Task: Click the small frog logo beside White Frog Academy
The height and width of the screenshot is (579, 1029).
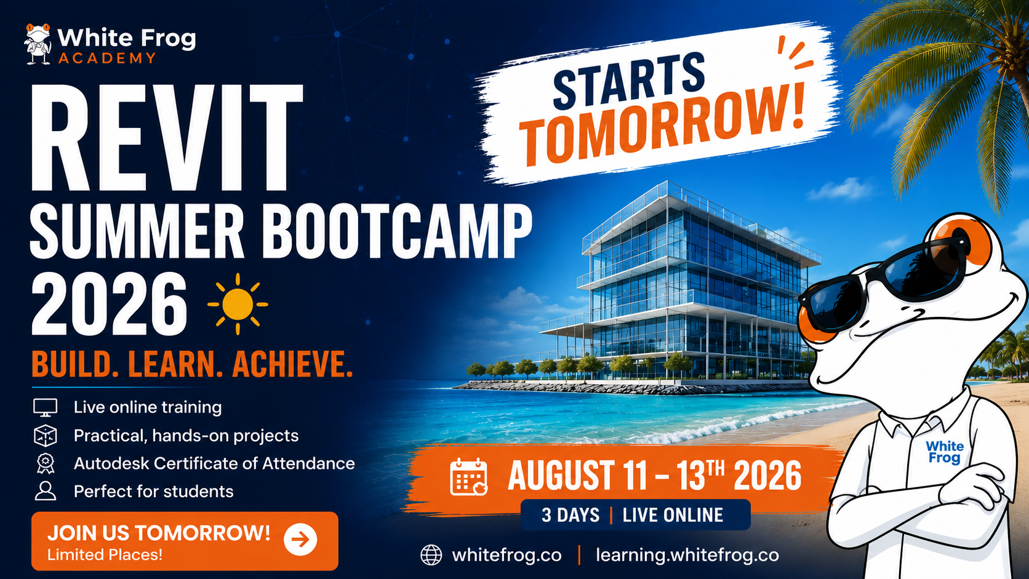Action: [x=38, y=44]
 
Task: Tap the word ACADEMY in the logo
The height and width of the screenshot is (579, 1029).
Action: [x=108, y=58]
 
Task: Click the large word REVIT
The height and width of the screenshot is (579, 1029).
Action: [x=166, y=138]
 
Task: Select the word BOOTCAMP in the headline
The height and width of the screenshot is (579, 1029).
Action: [x=398, y=232]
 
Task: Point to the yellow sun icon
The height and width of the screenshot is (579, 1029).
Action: [x=238, y=304]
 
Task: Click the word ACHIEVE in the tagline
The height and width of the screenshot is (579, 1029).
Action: [x=292, y=364]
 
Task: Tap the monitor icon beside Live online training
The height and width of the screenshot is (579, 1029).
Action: [x=45, y=407]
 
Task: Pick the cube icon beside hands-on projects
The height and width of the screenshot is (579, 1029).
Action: [x=45, y=436]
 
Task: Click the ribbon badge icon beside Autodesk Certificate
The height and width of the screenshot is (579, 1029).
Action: [x=46, y=464]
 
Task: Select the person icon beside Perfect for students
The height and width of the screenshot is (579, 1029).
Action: [x=45, y=491]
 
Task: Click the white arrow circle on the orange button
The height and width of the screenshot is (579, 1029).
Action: [x=300, y=540]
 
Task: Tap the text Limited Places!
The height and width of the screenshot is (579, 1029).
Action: [x=105, y=554]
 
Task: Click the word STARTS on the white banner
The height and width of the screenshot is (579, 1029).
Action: [x=629, y=81]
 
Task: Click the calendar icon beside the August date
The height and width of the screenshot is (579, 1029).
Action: [x=468, y=477]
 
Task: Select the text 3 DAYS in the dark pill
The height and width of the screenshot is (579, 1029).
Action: [x=571, y=515]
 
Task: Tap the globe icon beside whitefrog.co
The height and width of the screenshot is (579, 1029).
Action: [x=431, y=555]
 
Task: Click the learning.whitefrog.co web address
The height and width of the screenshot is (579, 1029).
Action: [x=687, y=555]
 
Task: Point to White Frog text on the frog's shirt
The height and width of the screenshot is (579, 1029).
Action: [x=945, y=452]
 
